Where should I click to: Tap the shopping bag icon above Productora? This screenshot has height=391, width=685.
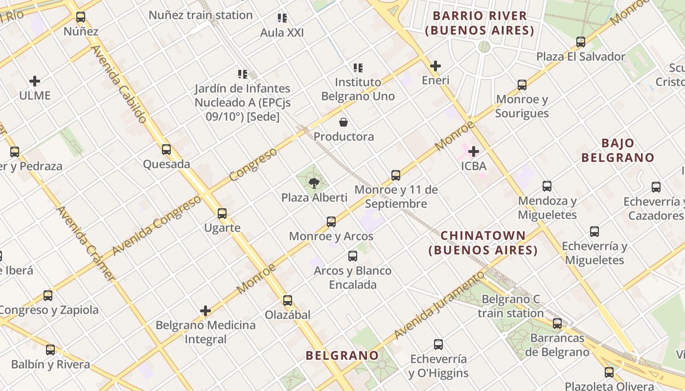343,122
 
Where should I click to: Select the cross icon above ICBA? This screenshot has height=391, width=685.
474,152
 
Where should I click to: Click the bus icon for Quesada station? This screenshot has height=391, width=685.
166,150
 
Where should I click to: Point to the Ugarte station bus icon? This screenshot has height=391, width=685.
222,214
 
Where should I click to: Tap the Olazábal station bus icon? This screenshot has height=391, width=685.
288,301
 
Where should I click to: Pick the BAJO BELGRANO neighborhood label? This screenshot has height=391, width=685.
617,151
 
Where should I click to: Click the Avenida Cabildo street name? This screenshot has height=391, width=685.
119,84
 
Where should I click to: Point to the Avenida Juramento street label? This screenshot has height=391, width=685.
439,306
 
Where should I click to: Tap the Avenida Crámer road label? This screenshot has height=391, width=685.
87,243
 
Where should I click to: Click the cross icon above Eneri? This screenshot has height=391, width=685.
435,66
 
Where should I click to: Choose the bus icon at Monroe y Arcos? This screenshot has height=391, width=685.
331,222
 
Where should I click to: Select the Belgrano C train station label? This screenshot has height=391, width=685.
510,306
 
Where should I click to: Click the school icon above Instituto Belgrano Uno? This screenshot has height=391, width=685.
358,67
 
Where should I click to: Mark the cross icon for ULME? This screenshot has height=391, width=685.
35,81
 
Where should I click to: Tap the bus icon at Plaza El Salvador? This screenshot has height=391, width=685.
581,42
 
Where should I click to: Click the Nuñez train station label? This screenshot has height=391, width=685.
201,15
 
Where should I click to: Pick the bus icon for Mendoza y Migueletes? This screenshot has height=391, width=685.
547,186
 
